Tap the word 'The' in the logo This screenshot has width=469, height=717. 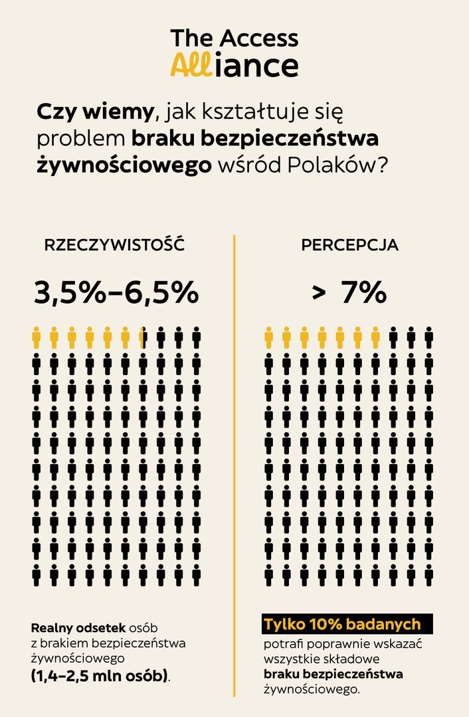pos(192,38)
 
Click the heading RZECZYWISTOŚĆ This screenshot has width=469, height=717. pos(114,245)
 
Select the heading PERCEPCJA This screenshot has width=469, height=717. pos(350,245)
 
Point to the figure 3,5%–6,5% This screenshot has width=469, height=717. pos(116,293)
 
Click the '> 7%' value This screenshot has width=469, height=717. pos(350,293)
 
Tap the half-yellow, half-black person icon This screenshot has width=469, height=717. pos(143,338)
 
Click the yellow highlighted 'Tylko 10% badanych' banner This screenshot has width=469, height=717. pos(343,625)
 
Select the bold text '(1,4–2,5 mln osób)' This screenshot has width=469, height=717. pos(100,677)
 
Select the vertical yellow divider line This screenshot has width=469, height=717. pos(234,465)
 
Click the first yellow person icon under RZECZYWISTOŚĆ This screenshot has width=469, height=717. pos(37,338)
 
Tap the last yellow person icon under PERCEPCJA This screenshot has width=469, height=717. pos(375,338)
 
